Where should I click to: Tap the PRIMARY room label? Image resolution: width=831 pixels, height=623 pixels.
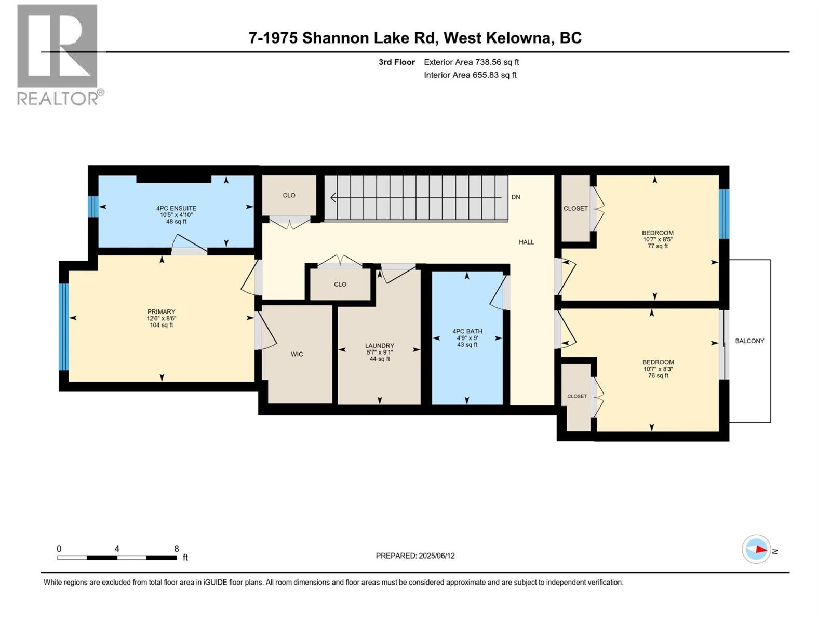point(161,312)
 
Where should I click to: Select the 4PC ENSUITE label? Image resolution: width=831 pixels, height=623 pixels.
point(176,208)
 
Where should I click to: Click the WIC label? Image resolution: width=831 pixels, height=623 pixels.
point(297,354)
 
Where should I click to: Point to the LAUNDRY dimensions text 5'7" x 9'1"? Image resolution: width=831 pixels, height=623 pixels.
point(380,352)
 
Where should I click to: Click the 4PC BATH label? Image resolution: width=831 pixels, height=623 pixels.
point(467,331)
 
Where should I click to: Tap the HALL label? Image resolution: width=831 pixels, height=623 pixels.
point(526,242)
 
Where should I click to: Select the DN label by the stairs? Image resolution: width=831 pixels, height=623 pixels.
point(516,197)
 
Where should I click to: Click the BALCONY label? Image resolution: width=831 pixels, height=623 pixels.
point(749,341)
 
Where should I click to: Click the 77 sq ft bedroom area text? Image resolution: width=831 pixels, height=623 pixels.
point(658,246)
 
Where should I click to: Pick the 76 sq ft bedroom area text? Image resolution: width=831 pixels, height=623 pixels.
point(658,375)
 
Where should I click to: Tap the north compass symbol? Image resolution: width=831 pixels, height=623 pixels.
point(757,549)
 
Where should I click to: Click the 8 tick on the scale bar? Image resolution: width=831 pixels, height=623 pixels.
point(177,549)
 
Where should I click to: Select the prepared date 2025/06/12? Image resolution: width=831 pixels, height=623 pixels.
point(415,556)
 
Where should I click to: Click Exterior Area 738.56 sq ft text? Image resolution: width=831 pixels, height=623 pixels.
point(471,62)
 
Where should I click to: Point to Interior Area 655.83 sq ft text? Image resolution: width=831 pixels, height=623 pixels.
point(470,75)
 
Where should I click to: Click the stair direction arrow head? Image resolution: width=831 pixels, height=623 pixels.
point(333,197)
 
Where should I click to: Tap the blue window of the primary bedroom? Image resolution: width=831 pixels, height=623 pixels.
point(63,327)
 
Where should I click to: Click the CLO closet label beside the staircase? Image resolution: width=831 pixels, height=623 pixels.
point(289,195)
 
